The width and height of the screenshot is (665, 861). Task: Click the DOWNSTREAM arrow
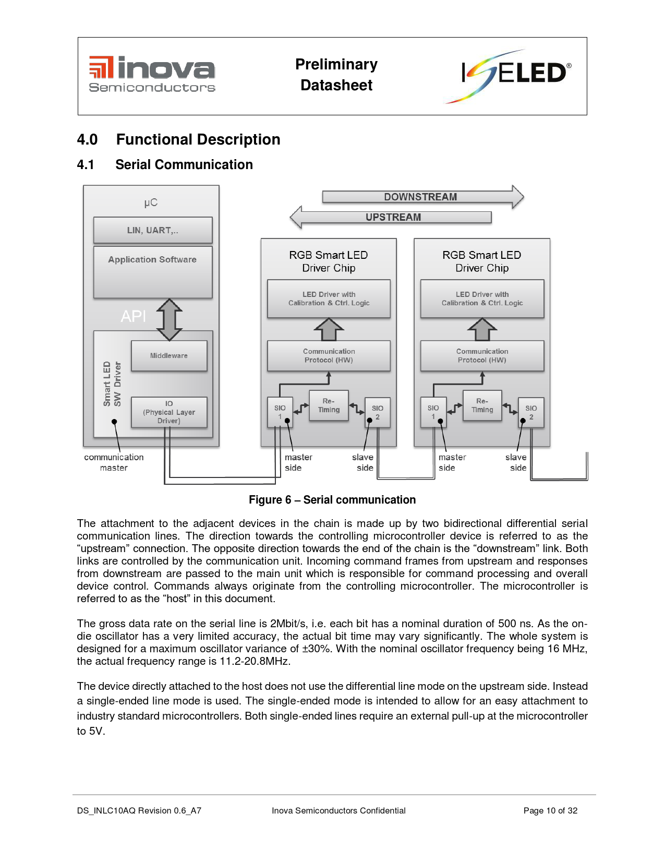(423, 197)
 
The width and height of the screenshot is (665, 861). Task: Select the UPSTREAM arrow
(391, 217)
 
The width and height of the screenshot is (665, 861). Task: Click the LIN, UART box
(153, 230)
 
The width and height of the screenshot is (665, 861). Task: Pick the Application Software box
(153, 272)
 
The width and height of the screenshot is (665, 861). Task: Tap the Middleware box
(169, 356)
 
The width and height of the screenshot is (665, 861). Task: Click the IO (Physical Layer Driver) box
(169, 412)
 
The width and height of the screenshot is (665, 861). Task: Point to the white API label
(134, 316)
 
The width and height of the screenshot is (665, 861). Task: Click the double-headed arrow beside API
(170, 319)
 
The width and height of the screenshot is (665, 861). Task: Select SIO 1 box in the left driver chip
(280, 412)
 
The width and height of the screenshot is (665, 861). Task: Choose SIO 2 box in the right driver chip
(531, 412)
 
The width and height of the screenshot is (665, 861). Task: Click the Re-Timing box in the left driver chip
(329, 405)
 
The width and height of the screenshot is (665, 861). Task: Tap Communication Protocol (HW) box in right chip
(482, 356)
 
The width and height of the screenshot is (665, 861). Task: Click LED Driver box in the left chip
(329, 299)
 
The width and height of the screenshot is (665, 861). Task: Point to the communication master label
(114, 462)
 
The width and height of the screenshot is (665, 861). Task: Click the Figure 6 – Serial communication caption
(332, 500)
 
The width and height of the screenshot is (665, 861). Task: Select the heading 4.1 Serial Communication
(165, 164)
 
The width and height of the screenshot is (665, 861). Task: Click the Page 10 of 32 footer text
(550, 811)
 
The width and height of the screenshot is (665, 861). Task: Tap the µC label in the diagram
(151, 203)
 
